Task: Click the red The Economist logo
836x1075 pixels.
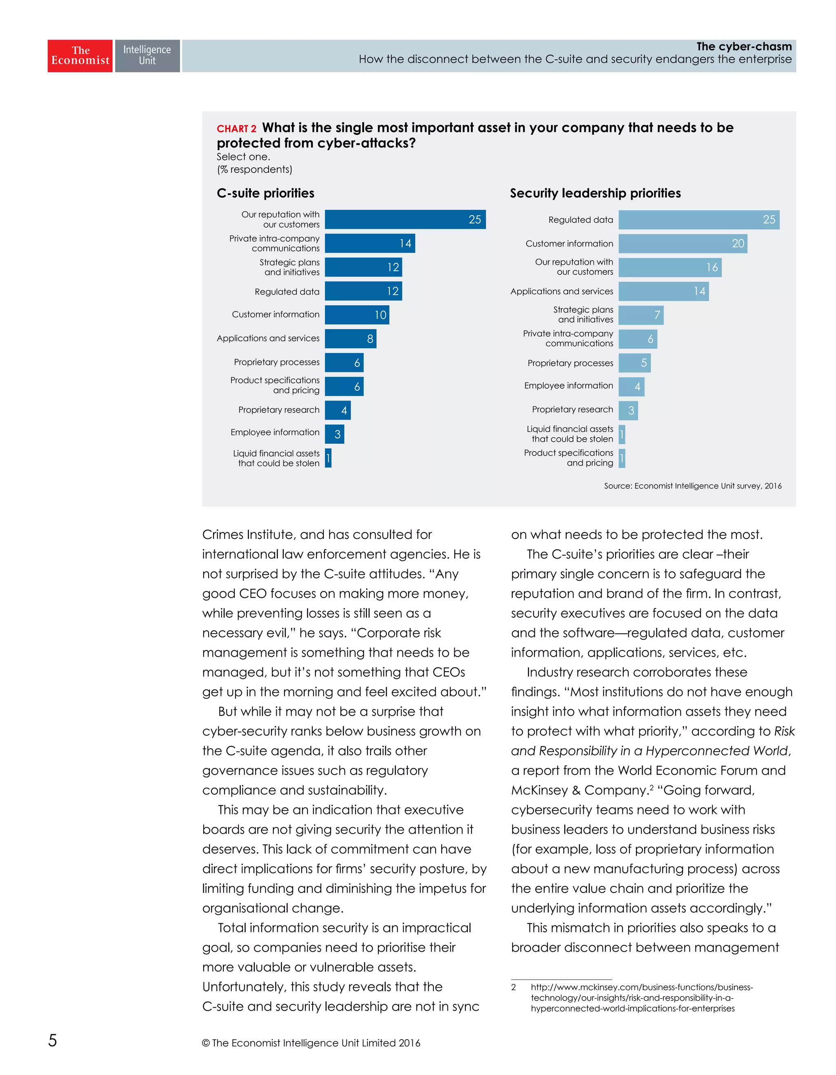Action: point(80,56)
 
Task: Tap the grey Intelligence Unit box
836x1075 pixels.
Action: point(147,56)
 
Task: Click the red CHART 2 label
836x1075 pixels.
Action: point(236,129)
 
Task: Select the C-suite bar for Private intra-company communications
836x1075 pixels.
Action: point(369,243)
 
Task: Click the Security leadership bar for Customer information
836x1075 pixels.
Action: point(682,244)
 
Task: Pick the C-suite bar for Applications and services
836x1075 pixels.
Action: point(350,338)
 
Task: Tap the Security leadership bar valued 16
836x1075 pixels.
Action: point(669,267)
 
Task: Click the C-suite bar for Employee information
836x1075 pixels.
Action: point(334,434)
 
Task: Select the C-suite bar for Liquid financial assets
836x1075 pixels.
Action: point(328,458)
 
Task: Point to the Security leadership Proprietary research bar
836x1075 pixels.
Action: point(628,410)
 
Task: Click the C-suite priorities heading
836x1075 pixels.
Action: point(265,193)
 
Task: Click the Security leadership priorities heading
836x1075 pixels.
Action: point(595,193)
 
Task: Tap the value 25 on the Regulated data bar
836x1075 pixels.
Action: point(769,220)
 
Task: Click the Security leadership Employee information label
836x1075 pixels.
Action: point(568,385)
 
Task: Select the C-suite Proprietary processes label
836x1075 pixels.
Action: point(276,362)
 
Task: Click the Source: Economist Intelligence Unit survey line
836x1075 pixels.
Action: point(692,486)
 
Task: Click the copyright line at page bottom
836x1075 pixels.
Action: point(311,1042)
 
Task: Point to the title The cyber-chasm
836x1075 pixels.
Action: point(743,46)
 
